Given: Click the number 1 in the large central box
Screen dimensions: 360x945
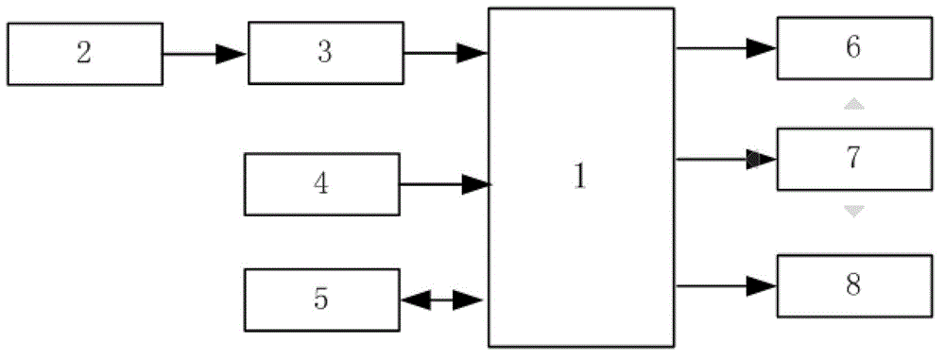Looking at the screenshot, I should [580, 178].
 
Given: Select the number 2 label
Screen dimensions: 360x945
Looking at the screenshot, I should [83, 53].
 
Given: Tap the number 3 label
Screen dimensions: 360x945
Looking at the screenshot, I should [324, 52].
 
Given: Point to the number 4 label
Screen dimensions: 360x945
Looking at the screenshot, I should [321, 183].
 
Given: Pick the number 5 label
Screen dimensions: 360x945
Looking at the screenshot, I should [321, 300].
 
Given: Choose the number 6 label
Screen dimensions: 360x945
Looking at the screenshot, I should [852, 48].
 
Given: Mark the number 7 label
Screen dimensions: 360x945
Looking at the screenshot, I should [852, 158].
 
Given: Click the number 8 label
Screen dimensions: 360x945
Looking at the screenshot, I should [852, 284].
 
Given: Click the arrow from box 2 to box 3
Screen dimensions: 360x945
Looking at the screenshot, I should [204, 54].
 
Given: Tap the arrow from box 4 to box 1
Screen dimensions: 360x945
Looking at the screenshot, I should [444, 185].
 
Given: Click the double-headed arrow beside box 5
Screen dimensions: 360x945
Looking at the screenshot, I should [442, 301].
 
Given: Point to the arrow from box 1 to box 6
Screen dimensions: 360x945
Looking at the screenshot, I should [726, 48].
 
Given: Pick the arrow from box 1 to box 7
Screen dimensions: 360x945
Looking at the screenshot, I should [726, 160].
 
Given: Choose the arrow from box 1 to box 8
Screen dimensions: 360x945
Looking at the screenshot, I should [726, 284].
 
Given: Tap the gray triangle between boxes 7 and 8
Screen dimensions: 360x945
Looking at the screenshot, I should [853, 212].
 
